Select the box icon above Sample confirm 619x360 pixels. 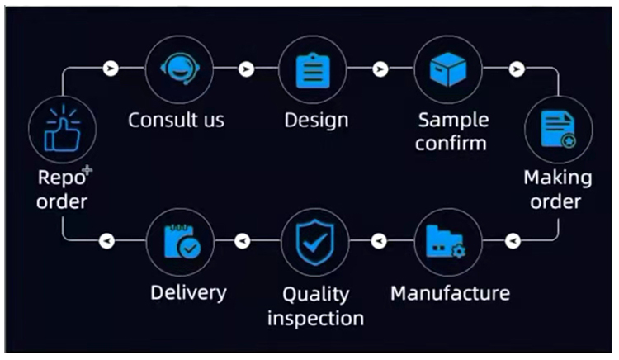[x=447, y=69]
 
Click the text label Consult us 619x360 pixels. [x=176, y=120]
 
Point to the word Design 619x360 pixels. [x=316, y=120]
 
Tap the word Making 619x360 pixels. [x=558, y=178]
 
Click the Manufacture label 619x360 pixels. [x=450, y=293]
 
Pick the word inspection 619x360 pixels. [x=315, y=318]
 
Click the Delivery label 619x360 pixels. [x=188, y=293]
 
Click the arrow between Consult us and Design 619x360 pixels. [x=245, y=69]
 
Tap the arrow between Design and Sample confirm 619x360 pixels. [x=380, y=69]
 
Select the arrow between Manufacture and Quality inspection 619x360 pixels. [x=379, y=241]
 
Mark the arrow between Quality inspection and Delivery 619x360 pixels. [x=243, y=241]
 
